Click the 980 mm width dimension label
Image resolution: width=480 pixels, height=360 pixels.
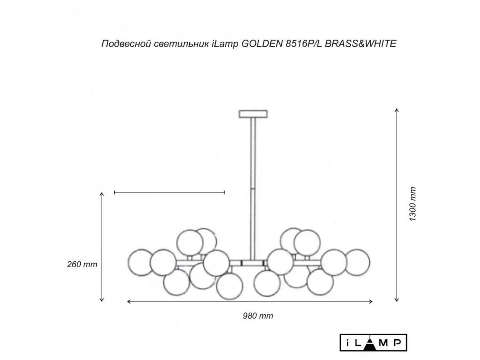(x=258, y=316)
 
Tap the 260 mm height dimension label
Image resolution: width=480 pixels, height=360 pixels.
(x=82, y=264)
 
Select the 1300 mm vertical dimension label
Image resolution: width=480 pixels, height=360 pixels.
(x=412, y=204)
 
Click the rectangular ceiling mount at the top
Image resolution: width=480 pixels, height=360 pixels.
(x=253, y=114)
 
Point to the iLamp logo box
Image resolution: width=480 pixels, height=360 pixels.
(x=373, y=342)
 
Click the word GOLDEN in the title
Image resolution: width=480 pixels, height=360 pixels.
(x=262, y=44)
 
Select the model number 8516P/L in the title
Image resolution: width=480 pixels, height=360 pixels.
(x=304, y=44)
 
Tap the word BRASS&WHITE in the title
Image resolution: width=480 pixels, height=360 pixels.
(x=361, y=44)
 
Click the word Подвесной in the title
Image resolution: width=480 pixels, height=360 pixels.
(x=126, y=44)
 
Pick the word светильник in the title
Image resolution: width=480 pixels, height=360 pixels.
(x=181, y=44)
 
